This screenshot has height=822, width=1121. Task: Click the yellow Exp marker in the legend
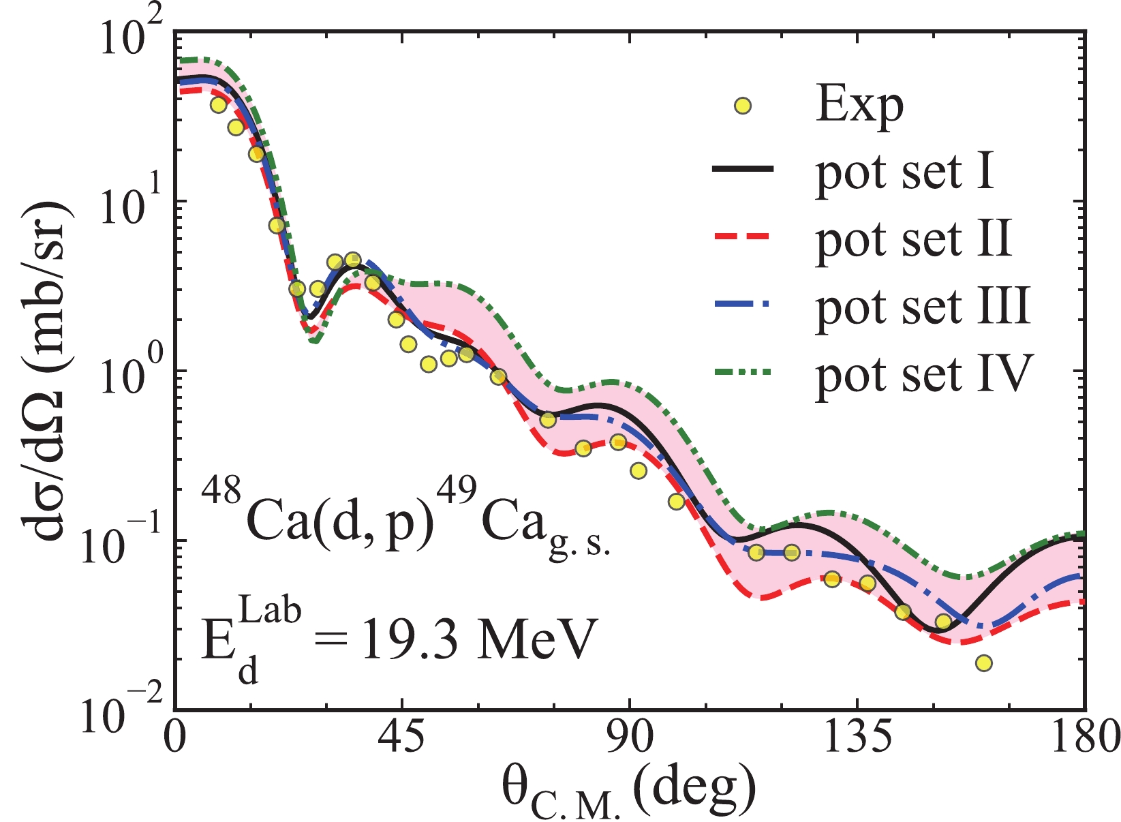pos(743,106)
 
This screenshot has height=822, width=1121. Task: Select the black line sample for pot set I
pos(743,170)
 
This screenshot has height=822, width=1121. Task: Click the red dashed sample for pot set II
pos(743,237)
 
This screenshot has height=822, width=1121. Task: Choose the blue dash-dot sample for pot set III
pos(743,305)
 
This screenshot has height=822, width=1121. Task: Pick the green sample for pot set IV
pos(743,372)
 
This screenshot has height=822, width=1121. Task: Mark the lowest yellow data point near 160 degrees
pos(983,663)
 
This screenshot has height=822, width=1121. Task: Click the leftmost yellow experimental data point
pos(218,105)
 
